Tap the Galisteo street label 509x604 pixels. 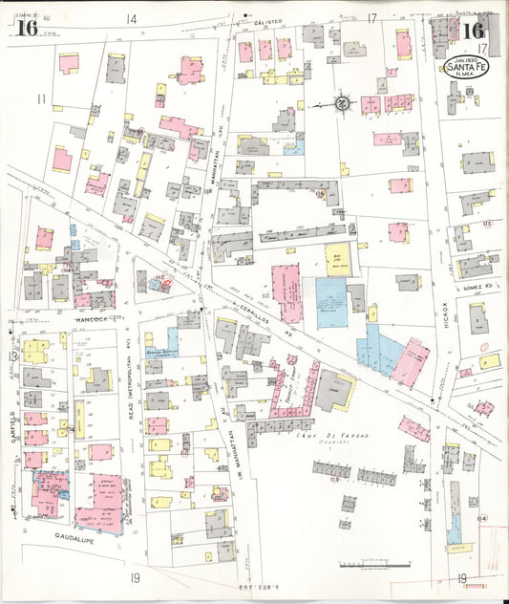(270, 20)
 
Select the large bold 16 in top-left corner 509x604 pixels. (26, 28)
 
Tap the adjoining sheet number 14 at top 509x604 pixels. (131, 18)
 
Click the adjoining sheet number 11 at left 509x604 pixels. (41, 98)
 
